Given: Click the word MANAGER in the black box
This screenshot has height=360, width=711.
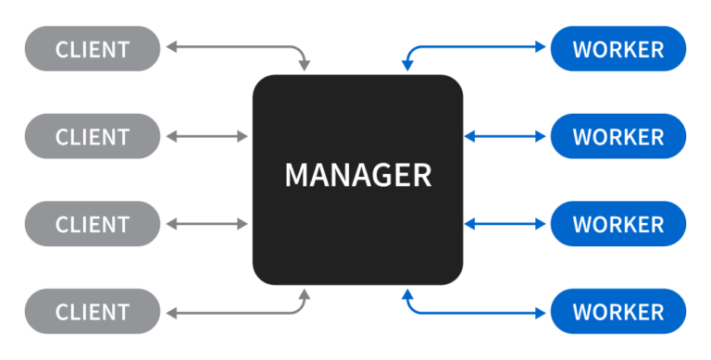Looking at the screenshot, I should pyautogui.click(x=357, y=176).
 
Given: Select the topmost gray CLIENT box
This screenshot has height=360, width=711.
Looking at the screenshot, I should pyautogui.click(x=92, y=49).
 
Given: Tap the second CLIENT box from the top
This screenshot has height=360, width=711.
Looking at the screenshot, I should pyautogui.click(x=92, y=137).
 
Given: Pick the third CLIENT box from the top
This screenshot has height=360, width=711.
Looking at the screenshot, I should pyautogui.click(x=92, y=224).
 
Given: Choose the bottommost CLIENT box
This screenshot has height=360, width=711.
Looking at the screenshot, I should pyautogui.click(x=92, y=311).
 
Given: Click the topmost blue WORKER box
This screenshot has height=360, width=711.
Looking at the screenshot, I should pyautogui.click(x=618, y=49).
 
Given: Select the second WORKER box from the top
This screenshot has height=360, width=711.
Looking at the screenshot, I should pyautogui.click(x=618, y=137).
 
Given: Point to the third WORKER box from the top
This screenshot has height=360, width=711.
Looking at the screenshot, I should pyautogui.click(x=618, y=224).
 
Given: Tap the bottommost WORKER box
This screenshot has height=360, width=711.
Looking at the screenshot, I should pyautogui.click(x=618, y=311).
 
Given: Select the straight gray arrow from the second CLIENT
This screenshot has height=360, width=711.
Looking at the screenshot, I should pyautogui.click(x=208, y=137).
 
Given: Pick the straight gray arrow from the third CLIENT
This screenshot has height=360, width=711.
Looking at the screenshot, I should pyautogui.click(x=208, y=224).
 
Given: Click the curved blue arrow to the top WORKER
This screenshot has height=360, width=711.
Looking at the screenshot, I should pyautogui.click(x=472, y=44).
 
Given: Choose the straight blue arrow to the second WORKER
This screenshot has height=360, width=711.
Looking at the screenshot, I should pyautogui.click(x=505, y=137).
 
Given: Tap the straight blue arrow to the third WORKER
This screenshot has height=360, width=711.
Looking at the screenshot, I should pyautogui.click(x=505, y=224).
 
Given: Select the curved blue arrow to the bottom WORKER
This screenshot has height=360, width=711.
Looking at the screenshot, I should pyautogui.click(x=472, y=313).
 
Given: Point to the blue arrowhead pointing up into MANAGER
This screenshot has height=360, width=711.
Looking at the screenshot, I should pyautogui.click(x=406, y=294).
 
